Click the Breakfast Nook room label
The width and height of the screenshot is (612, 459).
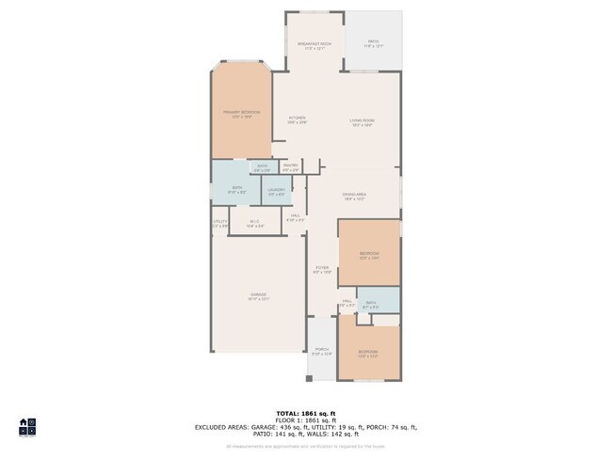314,44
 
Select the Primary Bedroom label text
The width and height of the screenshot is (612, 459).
241,113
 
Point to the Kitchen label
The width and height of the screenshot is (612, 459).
297,119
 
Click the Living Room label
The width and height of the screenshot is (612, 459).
362,119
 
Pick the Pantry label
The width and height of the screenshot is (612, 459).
290,166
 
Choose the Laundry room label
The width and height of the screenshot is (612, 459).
276,191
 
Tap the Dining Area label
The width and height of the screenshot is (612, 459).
355,196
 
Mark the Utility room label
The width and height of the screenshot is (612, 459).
219,223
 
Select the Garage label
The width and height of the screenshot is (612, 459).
258,296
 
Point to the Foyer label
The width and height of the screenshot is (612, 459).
322,269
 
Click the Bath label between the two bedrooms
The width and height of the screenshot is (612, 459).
370,304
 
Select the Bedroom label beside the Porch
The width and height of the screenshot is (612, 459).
368,354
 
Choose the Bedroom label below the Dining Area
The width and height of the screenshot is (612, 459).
369,255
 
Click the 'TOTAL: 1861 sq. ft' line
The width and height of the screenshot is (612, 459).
306,413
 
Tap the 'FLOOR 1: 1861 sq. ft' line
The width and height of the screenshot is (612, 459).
306,419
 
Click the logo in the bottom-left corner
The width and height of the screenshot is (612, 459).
27,427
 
